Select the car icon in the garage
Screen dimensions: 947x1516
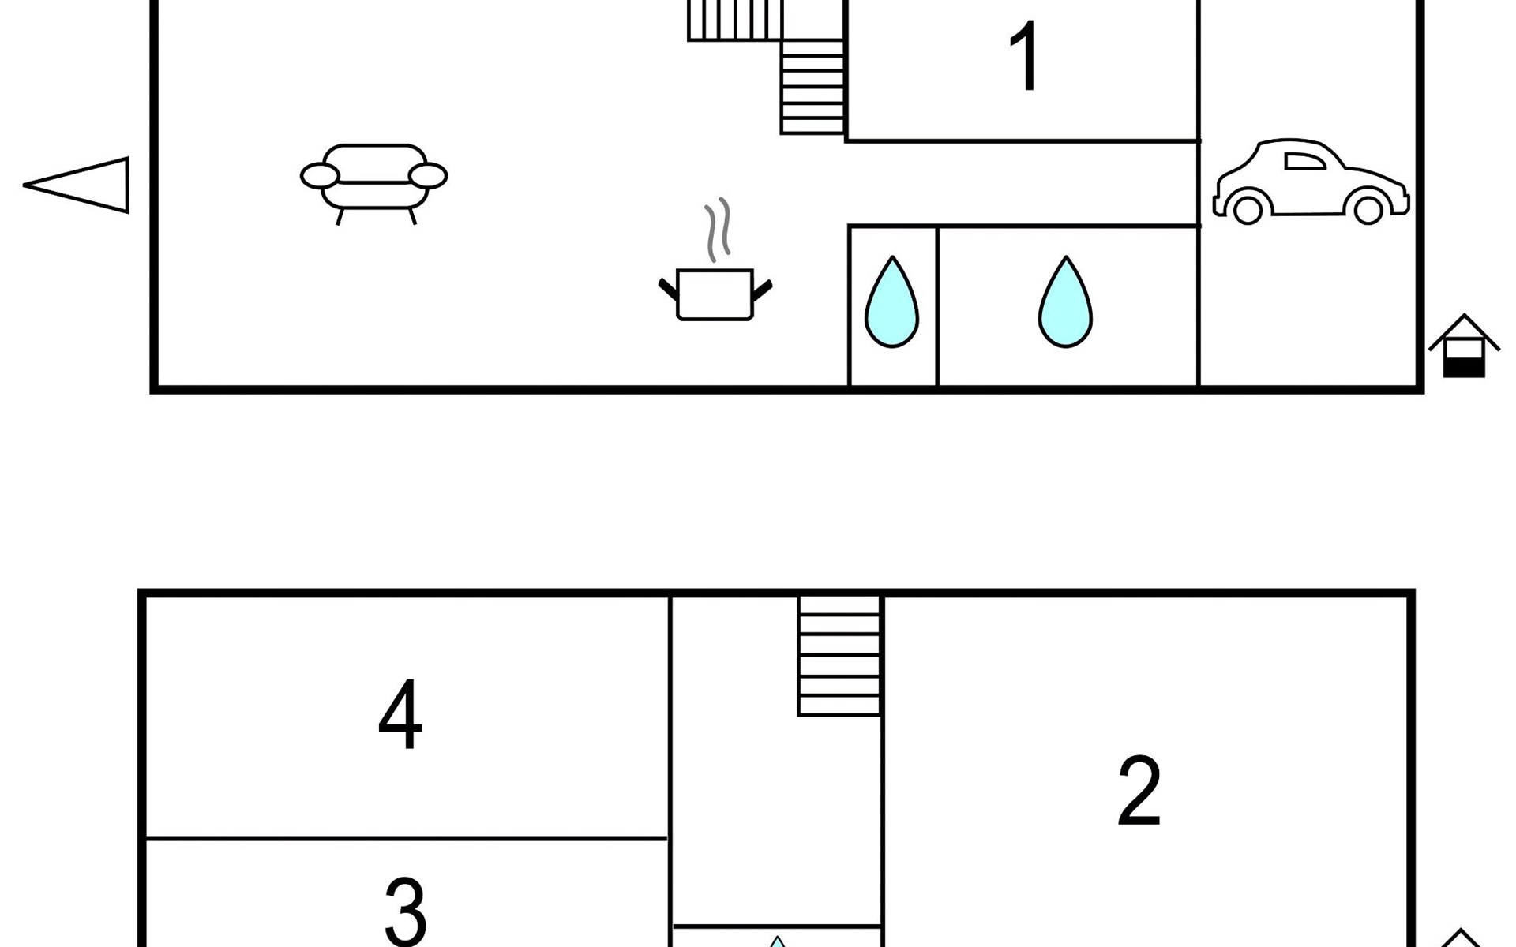tap(1311, 182)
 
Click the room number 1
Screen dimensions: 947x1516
tap(1025, 57)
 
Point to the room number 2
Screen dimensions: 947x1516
tap(1139, 791)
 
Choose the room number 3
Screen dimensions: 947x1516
tap(406, 911)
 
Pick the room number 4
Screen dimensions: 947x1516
tap(400, 715)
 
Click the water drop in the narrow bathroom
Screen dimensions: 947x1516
tap(891, 303)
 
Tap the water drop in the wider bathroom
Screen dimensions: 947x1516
tap(1065, 303)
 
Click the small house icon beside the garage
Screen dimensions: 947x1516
tap(1464, 347)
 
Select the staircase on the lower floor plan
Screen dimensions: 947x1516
tap(839, 655)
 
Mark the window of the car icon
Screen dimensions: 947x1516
tap(1304, 162)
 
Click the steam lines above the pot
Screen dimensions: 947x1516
tap(718, 229)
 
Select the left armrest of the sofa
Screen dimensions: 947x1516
tap(320, 176)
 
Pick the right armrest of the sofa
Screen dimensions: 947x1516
tap(428, 176)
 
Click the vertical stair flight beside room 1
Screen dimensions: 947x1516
tap(812, 87)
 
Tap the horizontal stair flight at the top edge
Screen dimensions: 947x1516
tap(734, 20)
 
